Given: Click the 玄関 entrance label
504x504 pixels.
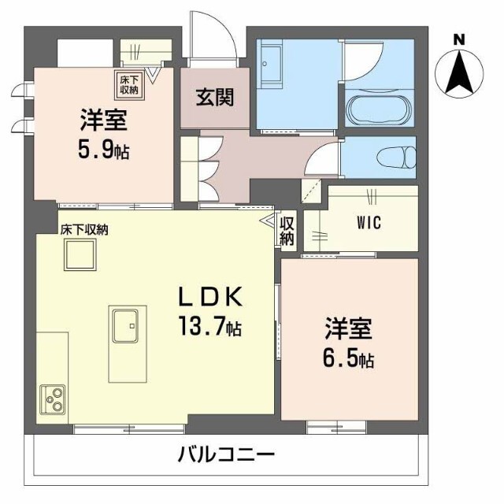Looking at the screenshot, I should coord(213,100).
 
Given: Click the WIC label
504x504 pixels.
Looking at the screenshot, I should coord(367,223).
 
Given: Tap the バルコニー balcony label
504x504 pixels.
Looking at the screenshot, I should coord(226,455).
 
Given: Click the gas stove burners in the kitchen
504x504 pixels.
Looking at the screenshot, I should coord(54,400).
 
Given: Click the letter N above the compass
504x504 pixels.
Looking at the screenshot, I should coord(459,39).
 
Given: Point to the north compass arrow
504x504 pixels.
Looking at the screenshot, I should coord(459,72).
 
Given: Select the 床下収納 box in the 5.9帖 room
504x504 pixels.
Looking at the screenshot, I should coord(128,83).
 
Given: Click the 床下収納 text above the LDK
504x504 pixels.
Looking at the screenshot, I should coord(85,230).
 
